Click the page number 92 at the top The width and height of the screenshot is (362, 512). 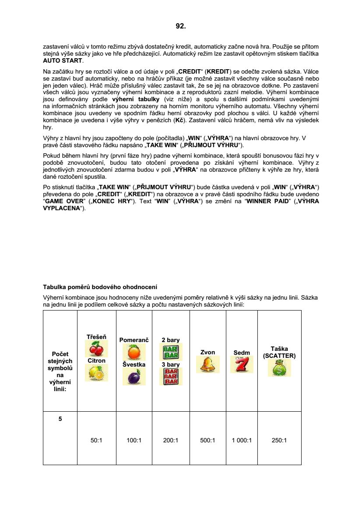point(181,26)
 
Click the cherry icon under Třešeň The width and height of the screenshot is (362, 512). point(96,349)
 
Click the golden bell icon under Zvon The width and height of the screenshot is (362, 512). point(207,364)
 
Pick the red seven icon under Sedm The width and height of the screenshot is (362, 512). point(242,364)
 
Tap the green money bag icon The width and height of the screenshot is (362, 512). point(279,368)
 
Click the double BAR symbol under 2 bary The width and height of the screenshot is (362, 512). point(170,352)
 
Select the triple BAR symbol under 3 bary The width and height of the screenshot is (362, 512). point(170,376)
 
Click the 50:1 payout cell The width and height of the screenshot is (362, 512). point(96,441)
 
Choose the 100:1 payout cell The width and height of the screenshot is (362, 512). point(134,441)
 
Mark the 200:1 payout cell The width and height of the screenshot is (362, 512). point(170,441)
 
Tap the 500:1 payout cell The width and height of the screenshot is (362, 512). point(207,441)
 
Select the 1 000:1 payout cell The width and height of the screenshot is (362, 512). point(242,441)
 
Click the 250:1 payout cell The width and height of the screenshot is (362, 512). point(279,441)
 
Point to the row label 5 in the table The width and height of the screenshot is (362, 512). point(60,419)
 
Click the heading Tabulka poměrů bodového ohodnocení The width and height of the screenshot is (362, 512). point(100,287)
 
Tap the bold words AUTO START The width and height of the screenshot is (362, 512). point(63,60)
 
